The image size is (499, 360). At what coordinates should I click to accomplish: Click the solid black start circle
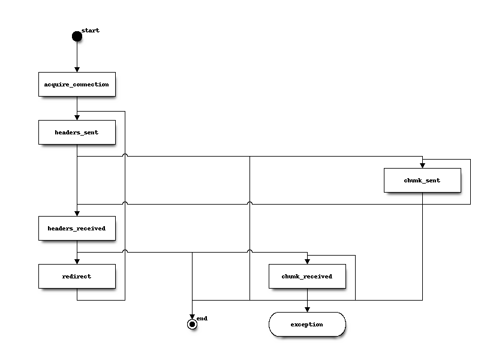pyautogui.click(x=77, y=37)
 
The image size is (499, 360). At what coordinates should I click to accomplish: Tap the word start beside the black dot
pyautogui.click(x=91, y=30)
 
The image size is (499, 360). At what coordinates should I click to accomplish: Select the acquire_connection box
pyautogui.click(x=77, y=85)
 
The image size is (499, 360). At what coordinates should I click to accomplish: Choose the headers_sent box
pyautogui.click(x=77, y=133)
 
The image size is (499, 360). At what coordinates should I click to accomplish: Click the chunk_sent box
pyautogui.click(x=422, y=181)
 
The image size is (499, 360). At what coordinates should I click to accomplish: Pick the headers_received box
pyautogui.click(x=77, y=229)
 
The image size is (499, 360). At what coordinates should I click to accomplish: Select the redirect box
pyautogui.click(x=77, y=277)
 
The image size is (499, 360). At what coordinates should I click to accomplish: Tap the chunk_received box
pyautogui.click(x=307, y=277)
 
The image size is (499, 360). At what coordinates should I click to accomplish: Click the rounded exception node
pyautogui.click(x=307, y=325)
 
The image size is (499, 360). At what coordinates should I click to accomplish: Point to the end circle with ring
pyautogui.click(x=192, y=325)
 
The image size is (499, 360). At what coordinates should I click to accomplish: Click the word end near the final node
pyautogui.click(x=202, y=319)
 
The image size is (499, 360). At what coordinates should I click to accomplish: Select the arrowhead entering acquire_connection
pyautogui.click(x=77, y=70)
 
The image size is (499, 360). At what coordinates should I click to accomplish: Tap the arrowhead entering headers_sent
pyautogui.click(x=77, y=118)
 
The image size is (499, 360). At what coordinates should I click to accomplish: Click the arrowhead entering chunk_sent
pyautogui.click(x=422, y=166)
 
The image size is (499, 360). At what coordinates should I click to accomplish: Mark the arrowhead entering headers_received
pyautogui.click(x=77, y=214)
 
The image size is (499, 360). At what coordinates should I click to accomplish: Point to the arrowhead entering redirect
pyautogui.click(x=77, y=262)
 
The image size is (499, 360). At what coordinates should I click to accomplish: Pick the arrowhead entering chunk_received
pyautogui.click(x=307, y=262)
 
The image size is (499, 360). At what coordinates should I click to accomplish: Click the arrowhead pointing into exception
pyautogui.click(x=307, y=310)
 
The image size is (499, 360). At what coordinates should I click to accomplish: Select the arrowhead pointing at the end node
pyautogui.click(x=192, y=317)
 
